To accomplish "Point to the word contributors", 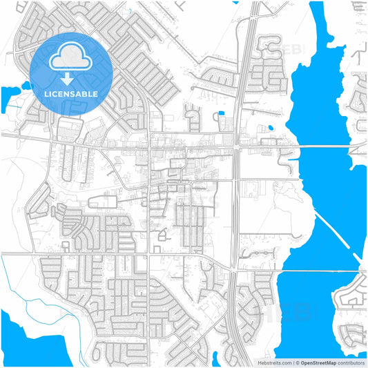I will point(351,362).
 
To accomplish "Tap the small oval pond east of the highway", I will point(270,128).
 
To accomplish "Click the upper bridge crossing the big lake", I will point(325,146).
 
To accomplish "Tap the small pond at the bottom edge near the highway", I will point(215,360).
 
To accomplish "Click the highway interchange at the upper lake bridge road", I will point(237,146).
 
